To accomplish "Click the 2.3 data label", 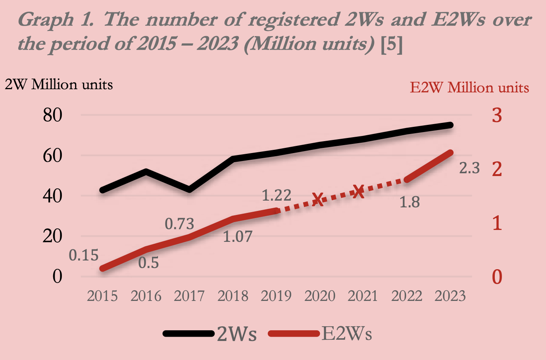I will [x=469, y=168].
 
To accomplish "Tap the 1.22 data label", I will [x=277, y=195].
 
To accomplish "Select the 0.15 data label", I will [x=84, y=255].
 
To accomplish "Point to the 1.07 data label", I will [x=237, y=237].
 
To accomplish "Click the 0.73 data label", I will [x=179, y=224].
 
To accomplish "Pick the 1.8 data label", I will [x=409, y=202].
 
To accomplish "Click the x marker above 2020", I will [x=317, y=199].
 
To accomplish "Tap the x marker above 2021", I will [x=359, y=191].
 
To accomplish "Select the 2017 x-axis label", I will [x=189, y=296].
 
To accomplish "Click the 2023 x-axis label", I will [x=450, y=296].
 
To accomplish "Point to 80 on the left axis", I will [x=53, y=115].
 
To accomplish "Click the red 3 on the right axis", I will [x=497, y=115].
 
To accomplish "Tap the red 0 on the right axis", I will [x=497, y=277].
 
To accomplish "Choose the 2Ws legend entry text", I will [x=237, y=334].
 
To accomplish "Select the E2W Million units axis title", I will [x=469, y=87].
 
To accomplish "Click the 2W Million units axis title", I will [x=59, y=84].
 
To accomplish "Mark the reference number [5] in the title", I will [x=391, y=44].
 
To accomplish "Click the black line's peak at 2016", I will [x=146, y=172].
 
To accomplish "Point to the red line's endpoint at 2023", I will [x=450, y=153].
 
